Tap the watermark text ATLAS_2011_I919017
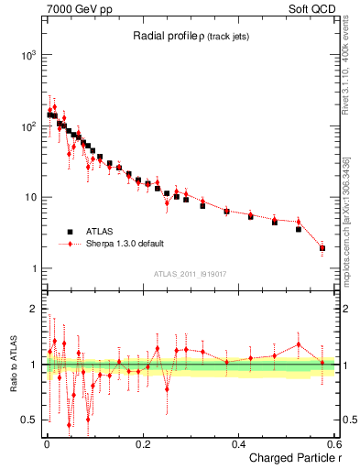pos(190,274)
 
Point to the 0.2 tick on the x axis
pos(143,444)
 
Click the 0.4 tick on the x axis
pos(239,444)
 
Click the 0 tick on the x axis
pos(47,444)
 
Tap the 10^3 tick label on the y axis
pos(28,55)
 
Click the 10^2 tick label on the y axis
pos(28,126)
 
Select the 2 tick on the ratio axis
pos(32,309)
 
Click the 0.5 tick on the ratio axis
pos(28,420)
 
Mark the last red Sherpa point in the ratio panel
pos(322,363)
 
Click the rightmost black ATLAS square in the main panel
pos(322,248)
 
